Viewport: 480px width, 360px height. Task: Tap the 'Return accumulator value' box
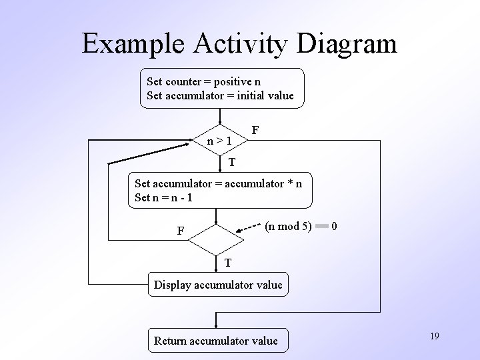(x=216, y=341)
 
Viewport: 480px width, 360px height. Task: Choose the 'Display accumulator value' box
(x=219, y=285)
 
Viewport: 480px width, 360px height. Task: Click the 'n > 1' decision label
(x=219, y=141)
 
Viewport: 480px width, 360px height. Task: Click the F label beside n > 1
(x=255, y=128)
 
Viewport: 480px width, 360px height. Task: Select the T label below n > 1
(x=231, y=162)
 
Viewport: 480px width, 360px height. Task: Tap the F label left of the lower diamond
(x=181, y=231)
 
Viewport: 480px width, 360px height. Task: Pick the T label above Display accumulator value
(x=228, y=263)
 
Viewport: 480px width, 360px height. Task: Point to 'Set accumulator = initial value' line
(x=220, y=95)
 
